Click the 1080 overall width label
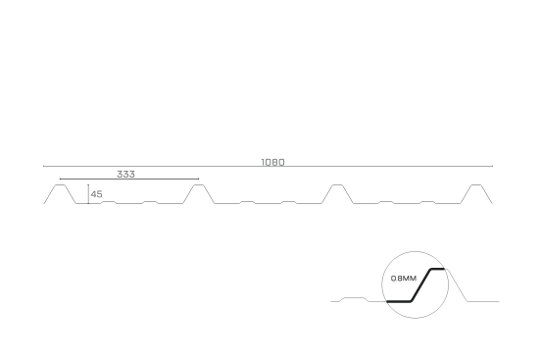pos(272,162)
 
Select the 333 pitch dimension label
pos(125,175)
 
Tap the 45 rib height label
pos(97,194)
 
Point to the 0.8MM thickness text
pos(404,279)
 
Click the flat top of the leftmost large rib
pos(60,184)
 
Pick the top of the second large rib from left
pos(199,184)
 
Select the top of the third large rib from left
pos(337,184)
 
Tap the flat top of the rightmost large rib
pos(476,184)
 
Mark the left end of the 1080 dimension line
pos(43,166)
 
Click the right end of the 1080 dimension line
pos(492,166)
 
